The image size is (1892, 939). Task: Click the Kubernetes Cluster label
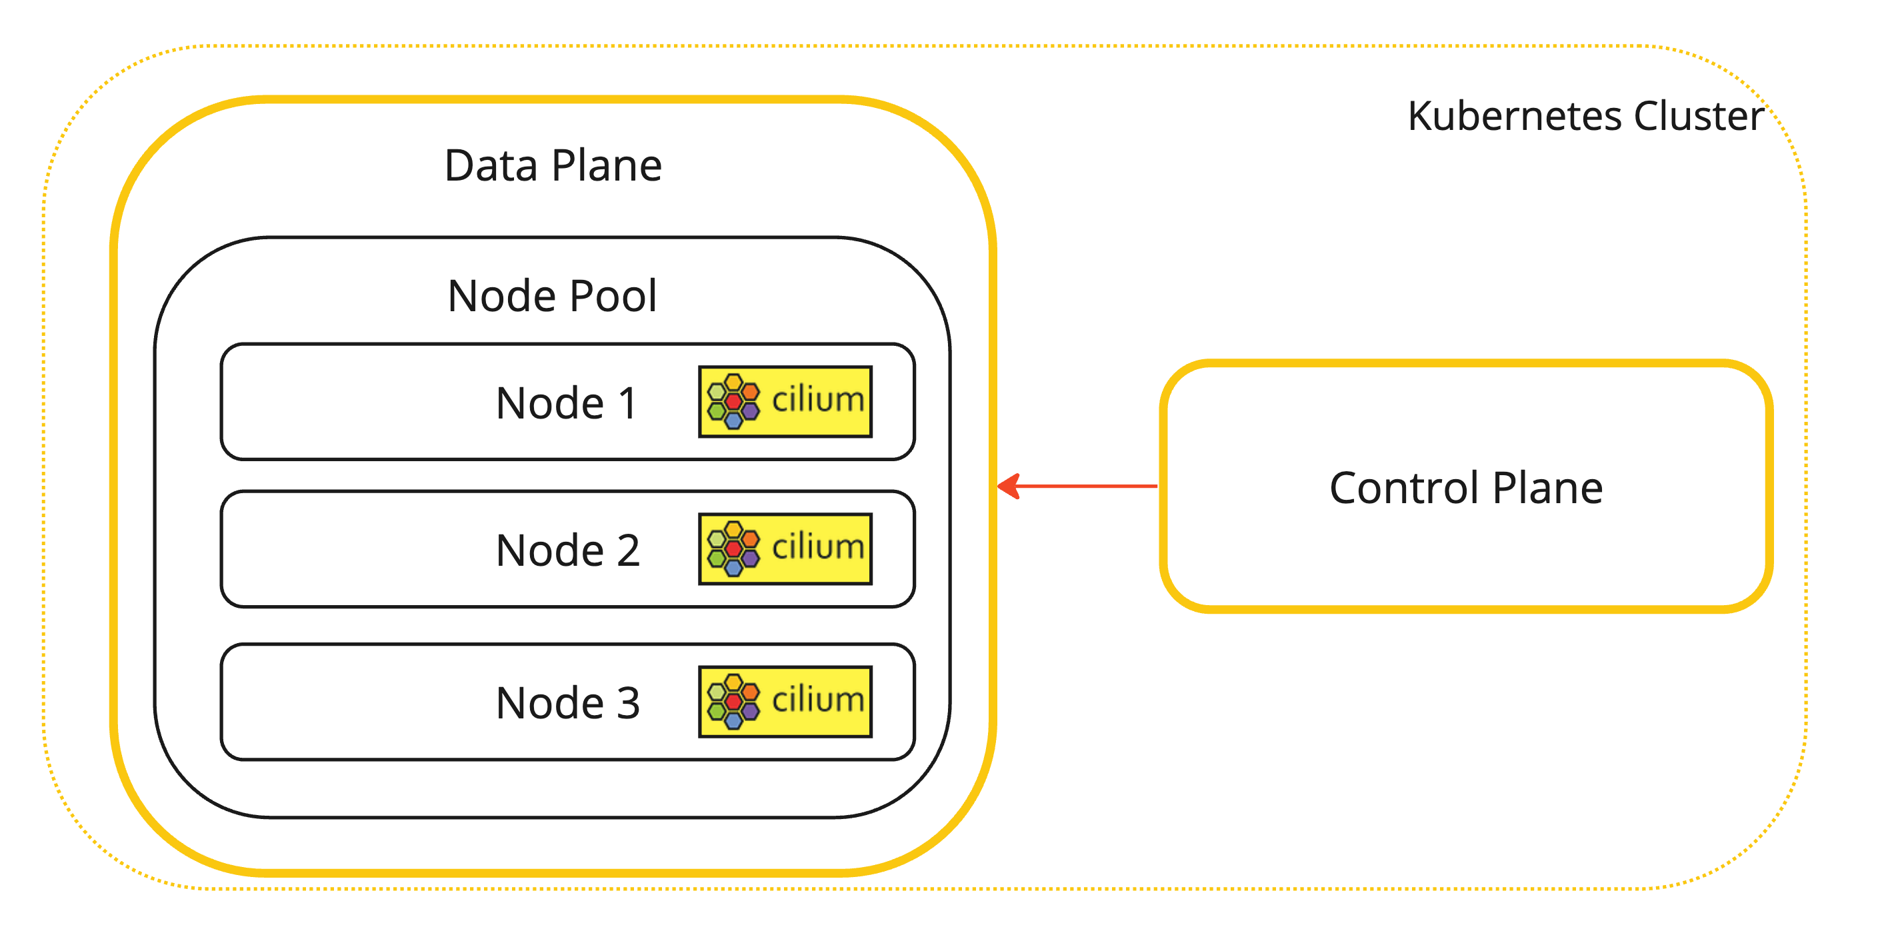tap(1585, 116)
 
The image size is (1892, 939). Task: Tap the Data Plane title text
tap(553, 165)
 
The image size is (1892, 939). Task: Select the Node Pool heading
tap(552, 296)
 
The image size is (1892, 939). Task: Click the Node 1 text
tap(566, 403)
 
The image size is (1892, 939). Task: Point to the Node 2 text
tap(568, 550)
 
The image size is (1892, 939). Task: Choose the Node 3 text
tap(568, 702)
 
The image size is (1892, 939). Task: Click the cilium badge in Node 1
tap(785, 402)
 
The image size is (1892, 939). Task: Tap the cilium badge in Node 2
tap(785, 548)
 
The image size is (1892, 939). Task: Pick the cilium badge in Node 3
tap(785, 701)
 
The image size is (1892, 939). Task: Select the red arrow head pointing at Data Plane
tap(1010, 486)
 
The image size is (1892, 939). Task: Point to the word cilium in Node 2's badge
tap(817, 547)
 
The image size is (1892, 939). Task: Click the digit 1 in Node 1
tap(627, 403)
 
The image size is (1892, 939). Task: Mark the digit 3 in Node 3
tap(628, 702)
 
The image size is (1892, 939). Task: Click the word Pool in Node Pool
tap(613, 296)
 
